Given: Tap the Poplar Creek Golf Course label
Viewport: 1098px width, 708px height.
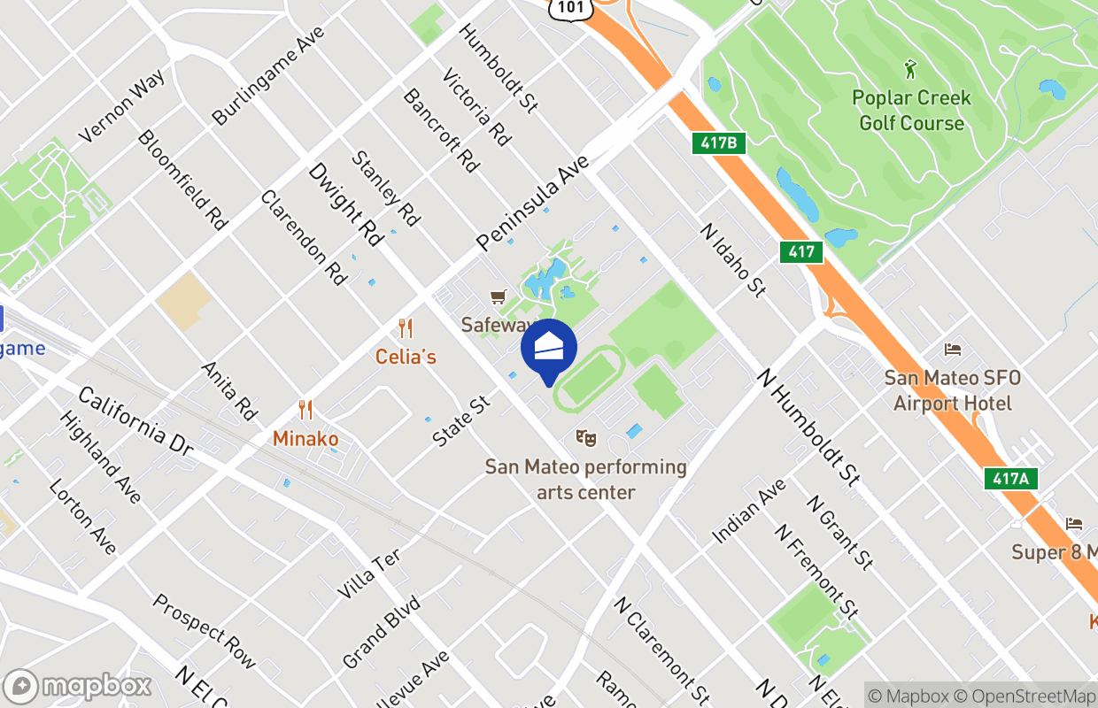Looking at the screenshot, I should point(911,111).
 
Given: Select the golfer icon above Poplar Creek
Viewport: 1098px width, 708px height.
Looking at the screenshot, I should point(910,68).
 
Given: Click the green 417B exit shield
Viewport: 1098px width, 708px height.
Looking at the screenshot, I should point(719,143).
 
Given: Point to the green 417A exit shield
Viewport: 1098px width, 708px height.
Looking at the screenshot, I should point(1010,479).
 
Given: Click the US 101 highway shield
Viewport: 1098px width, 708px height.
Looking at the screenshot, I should point(566,8).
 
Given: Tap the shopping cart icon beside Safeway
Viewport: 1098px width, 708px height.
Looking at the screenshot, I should point(499,297).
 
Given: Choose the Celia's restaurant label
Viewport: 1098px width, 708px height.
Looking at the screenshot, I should point(406,357).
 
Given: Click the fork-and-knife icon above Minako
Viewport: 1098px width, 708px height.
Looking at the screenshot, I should point(305,410).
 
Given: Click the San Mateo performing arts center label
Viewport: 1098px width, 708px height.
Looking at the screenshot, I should point(586,479).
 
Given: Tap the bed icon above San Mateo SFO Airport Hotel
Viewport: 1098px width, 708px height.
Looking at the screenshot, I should point(953,349).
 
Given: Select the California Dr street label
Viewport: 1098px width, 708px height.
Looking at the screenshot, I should point(135,420).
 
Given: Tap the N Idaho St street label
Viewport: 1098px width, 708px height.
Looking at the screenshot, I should point(732,258).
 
